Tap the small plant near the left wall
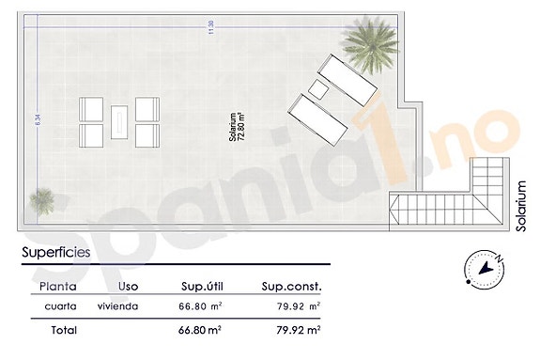pyautogui.click(x=42, y=199)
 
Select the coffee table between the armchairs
pyautogui.click(x=120, y=122)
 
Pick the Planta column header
pyautogui.click(x=58, y=286)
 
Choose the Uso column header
pyautogui.click(x=131, y=286)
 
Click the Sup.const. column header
pyautogui.click(x=293, y=286)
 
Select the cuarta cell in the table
pyautogui.click(x=60, y=306)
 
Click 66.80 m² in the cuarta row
pyautogui.click(x=200, y=306)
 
